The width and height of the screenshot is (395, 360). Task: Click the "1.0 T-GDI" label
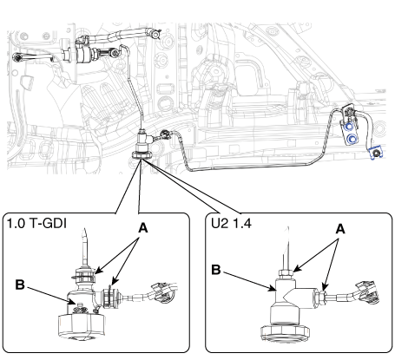pyautogui.click(x=36, y=223)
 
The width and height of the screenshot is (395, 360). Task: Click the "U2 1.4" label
pyautogui.click(x=231, y=223)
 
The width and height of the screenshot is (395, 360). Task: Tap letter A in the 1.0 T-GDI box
pyautogui.click(x=143, y=228)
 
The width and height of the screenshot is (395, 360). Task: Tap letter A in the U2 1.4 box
pyautogui.click(x=340, y=229)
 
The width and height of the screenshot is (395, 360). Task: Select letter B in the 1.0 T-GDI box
pyautogui.click(x=20, y=285)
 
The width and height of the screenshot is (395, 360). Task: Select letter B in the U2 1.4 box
pyautogui.click(x=216, y=270)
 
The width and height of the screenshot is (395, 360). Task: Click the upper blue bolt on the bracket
pyautogui.click(x=349, y=127)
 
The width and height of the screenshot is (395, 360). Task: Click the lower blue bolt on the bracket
pyautogui.click(x=352, y=139)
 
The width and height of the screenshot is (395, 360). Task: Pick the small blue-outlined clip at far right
pyautogui.click(x=376, y=153)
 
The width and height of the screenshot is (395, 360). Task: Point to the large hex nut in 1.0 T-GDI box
pyautogui.click(x=82, y=326)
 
